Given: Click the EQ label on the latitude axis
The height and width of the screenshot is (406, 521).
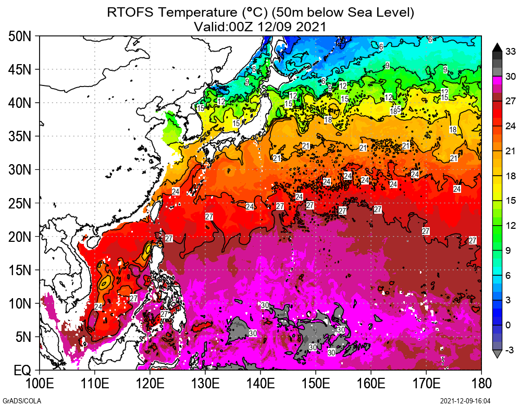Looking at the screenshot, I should (22, 371).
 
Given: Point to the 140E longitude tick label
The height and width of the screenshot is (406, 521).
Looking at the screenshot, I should (260, 384).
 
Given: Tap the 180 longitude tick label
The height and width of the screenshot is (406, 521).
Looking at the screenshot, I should (481, 384).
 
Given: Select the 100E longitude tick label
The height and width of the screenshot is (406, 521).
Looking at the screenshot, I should (40, 384).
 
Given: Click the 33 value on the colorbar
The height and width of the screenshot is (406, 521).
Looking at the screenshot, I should (511, 51).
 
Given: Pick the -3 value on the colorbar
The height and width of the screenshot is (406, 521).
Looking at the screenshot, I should (511, 350).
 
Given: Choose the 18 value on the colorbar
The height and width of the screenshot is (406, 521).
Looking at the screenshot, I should (511, 176).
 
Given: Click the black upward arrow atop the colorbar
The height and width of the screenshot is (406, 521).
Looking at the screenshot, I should (497, 46).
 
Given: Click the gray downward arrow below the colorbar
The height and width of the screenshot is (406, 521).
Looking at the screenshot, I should (497, 354).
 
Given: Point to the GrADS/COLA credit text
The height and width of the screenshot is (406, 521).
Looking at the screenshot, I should (16, 401).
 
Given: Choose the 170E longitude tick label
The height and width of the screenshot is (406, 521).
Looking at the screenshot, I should (426, 384).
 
